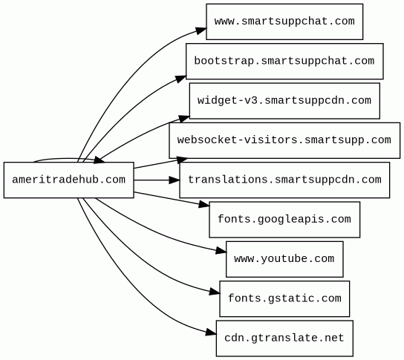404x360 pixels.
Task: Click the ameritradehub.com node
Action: click(x=69, y=180)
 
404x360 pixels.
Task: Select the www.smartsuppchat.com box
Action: click(x=284, y=22)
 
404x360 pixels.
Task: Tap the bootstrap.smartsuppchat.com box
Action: click(x=284, y=62)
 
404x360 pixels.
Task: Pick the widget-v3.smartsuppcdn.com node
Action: click(x=284, y=101)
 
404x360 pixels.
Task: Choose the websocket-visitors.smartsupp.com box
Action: click(x=284, y=140)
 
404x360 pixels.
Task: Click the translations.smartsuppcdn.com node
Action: click(x=284, y=180)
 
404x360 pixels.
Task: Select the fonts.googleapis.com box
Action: click(x=284, y=220)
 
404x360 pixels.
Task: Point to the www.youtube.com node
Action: click(x=284, y=259)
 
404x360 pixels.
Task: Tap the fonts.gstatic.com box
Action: click(x=284, y=298)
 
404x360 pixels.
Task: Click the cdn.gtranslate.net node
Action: click(x=284, y=338)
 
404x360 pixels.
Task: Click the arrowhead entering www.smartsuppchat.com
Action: click(x=201, y=30)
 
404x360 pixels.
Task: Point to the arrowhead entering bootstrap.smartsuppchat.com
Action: click(x=180, y=79)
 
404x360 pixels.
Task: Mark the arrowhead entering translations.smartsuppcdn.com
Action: click(x=175, y=180)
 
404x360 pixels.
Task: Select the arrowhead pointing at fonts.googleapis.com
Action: click(x=204, y=205)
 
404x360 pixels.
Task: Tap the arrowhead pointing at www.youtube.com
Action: click(x=221, y=251)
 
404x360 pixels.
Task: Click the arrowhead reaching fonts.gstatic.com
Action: click(x=215, y=292)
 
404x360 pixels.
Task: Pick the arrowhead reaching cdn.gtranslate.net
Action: click(x=211, y=333)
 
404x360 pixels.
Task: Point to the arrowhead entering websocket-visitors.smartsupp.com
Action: click(x=183, y=160)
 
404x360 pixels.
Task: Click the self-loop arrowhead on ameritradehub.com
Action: click(x=100, y=160)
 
